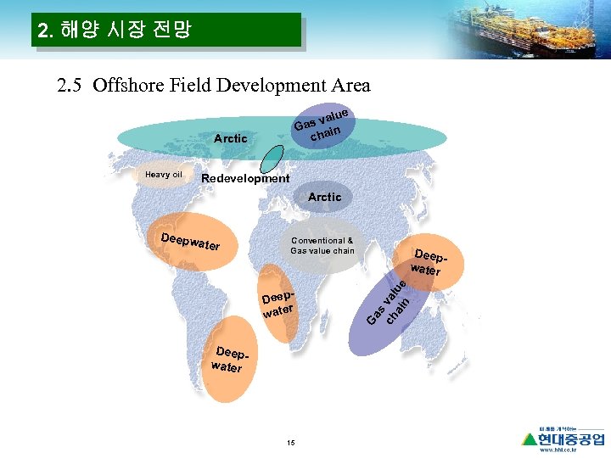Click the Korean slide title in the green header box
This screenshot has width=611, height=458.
(x=115, y=31)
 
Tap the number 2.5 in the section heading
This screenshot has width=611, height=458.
(x=70, y=86)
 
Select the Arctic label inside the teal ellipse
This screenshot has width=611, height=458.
(x=230, y=138)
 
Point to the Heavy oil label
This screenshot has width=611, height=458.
(x=163, y=175)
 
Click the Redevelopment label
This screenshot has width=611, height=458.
(x=244, y=178)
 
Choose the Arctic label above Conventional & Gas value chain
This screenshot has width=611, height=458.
(x=324, y=197)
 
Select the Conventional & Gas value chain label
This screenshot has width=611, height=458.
(x=322, y=245)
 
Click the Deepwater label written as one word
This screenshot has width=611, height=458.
(x=191, y=240)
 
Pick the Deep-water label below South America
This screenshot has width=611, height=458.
(x=228, y=360)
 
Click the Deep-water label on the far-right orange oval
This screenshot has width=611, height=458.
(x=428, y=263)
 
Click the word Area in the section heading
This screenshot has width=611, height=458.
(x=351, y=86)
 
